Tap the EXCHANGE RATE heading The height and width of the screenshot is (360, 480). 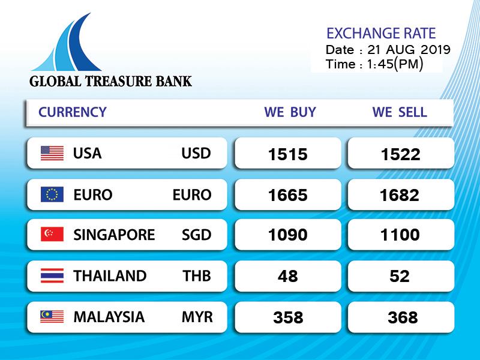[381, 34]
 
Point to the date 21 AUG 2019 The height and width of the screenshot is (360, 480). [409, 50]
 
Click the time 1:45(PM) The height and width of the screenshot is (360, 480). [395, 64]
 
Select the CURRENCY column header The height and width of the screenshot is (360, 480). [72, 112]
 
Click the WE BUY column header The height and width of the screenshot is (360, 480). [290, 112]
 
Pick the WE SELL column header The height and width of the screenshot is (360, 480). [400, 112]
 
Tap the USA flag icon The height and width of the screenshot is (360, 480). [52, 154]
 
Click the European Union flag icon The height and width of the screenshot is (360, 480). [52, 194]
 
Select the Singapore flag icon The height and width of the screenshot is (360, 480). [52, 234]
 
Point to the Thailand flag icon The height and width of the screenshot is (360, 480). [52, 275]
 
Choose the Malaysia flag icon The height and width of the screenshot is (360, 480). [52, 317]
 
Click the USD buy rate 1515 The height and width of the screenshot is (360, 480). [288, 154]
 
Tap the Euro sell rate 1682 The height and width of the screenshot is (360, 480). [400, 196]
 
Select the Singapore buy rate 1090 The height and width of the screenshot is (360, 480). [288, 235]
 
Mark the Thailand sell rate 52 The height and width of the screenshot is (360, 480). [400, 276]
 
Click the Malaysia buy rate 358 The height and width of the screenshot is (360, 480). [288, 317]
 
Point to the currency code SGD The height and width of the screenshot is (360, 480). [197, 235]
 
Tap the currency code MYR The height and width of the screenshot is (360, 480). [197, 317]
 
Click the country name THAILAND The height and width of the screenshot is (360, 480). [110, 276]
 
